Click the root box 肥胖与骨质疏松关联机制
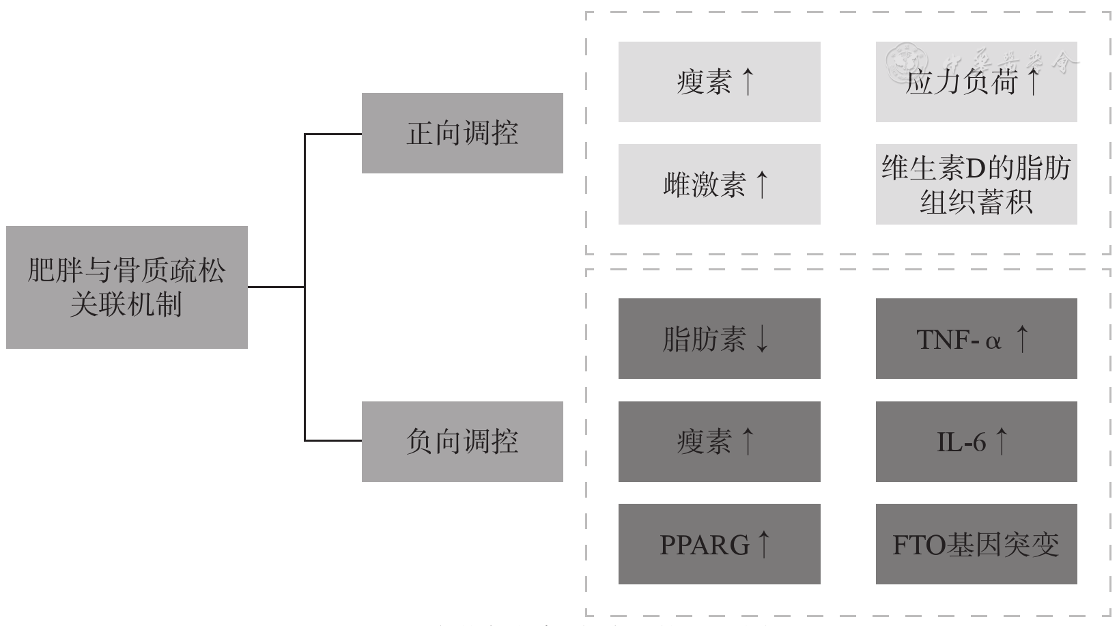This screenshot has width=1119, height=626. click(126, 287)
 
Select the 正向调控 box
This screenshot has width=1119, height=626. click(462, 133)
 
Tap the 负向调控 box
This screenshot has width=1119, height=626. click(462, 442)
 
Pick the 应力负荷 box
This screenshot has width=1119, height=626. click(976, 82)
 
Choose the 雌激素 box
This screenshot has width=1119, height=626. click(719, 184)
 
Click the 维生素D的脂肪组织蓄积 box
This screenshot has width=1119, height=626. click(976, 184)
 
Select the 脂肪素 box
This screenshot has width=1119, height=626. click(719, 339)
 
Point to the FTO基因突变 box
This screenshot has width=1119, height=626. click(976, 544)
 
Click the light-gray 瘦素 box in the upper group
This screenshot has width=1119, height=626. click(719, 82)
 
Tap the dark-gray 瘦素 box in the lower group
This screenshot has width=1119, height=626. click(719, 442)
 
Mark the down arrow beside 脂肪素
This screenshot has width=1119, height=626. click(762, 339)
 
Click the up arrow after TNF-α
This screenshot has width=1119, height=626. click(1022, 338)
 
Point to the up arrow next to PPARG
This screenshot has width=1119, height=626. click(764, 543)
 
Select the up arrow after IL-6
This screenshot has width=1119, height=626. click(1001, 441)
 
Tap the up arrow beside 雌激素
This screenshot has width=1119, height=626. click(763, 184)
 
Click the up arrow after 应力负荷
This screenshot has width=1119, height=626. click(1033, 81)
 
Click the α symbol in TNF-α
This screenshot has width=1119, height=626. click(993, 341)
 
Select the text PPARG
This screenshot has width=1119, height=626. click(705, 545)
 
